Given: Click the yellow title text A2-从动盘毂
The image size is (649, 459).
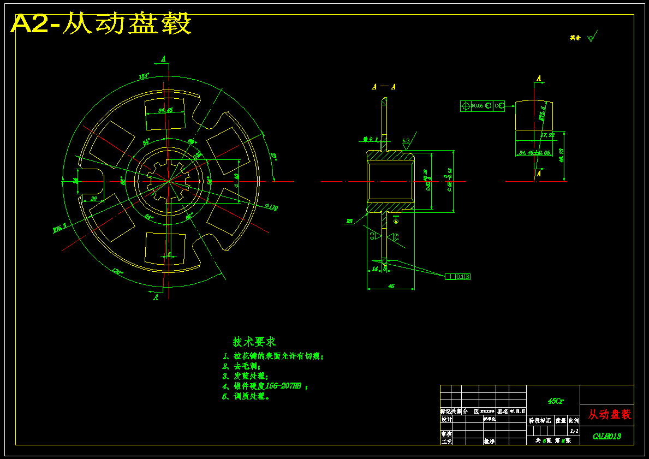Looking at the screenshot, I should [102, 24].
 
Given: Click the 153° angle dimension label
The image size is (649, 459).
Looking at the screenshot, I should [144, 77].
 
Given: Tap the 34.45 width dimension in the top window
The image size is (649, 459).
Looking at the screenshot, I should [165, 110].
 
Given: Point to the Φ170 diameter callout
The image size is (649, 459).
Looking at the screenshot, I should [271, 207].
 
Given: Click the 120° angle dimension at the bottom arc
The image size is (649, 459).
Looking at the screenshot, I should [117, 271].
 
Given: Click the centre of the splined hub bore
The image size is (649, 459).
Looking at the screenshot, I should [169, 181].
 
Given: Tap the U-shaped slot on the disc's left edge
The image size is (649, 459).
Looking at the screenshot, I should [91, 181].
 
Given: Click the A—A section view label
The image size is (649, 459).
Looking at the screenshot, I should [384, 87].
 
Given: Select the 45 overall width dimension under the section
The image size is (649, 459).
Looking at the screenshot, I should [391, 285].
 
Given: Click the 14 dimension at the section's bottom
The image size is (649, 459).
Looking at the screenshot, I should [374, 269].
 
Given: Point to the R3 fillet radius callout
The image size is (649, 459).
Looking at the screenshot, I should [349, 221].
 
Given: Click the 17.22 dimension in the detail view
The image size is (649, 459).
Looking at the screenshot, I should [547, 135].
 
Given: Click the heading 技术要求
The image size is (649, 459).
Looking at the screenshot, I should [254, 342].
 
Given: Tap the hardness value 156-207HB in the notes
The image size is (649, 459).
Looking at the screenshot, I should [283, 386].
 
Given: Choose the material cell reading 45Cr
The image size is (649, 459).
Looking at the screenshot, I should [556, 401].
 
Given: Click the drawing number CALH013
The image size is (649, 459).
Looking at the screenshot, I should [606, 437].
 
